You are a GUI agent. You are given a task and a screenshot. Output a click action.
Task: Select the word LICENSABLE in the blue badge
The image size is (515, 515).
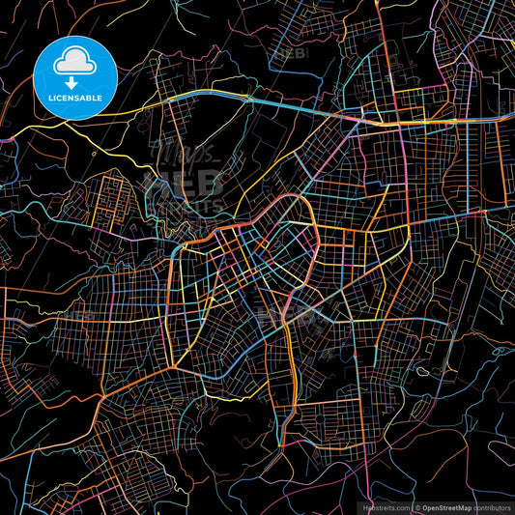[x=75, y=98]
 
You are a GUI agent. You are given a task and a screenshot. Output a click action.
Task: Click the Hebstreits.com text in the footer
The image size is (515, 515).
[x=386, y=507]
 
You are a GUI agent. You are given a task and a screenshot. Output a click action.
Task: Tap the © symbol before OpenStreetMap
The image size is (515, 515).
[x=417, y=507]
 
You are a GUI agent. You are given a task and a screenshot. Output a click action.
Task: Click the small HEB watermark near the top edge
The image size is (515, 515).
[x=289, y=54]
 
